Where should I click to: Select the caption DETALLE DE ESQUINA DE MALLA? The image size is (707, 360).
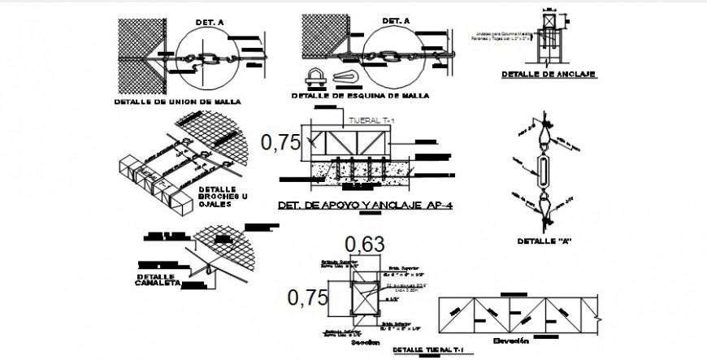pos(360,96)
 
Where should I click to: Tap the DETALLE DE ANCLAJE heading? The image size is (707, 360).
pos(549,74)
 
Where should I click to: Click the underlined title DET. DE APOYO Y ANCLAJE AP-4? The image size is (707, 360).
pos(365,206)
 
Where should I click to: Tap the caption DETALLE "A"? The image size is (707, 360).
pos(543,241)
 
